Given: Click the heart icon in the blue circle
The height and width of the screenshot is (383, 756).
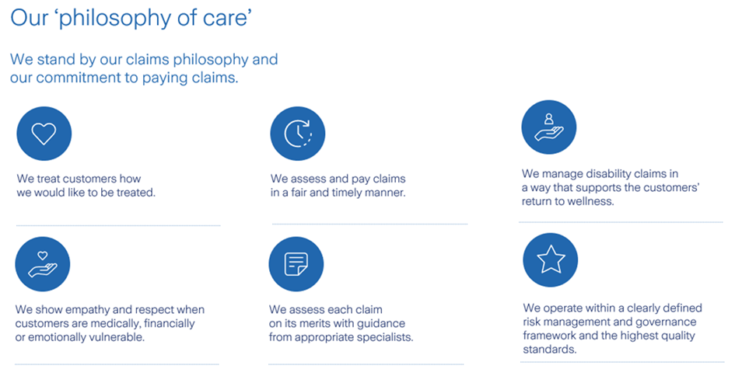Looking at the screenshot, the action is click(x=44, y=134).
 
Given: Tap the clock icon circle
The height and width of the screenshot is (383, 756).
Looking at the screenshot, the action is click(x=297, y=134).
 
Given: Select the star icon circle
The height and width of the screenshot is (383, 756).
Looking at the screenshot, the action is click(x=550, y=259).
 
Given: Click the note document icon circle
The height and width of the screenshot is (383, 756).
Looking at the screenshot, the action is click(x=296, y=264).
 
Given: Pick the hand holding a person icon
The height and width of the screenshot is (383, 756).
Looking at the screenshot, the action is click(x=548, y=127).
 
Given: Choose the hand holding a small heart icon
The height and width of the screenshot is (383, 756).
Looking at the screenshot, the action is click(x=43, y=264).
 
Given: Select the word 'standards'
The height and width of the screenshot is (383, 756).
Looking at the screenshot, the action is click(x=550, y=350).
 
